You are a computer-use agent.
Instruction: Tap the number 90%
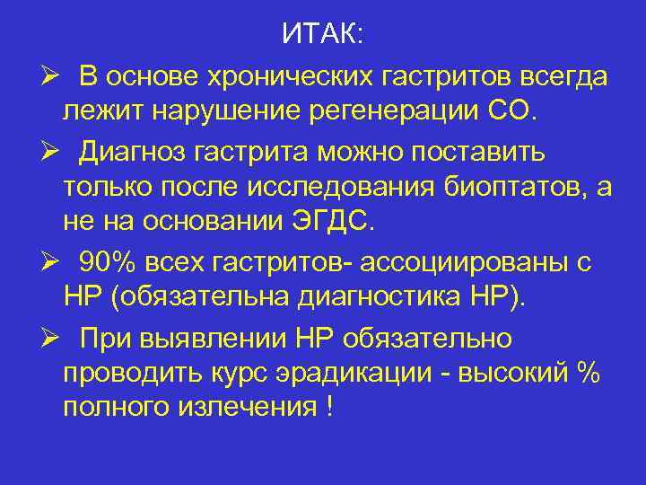click(108, 263)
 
